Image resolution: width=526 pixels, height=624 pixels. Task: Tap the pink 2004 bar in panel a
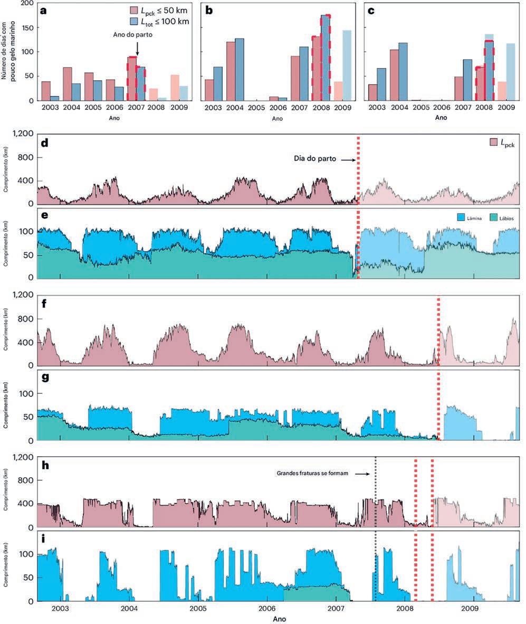(67, 84)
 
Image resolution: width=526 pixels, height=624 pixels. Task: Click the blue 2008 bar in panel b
(326, 58)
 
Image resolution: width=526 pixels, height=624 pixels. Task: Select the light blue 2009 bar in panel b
(347, 65)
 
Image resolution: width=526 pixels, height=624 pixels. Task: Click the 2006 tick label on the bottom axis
(267, 608)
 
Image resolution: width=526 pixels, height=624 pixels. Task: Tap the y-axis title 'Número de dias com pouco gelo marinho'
(8, 50)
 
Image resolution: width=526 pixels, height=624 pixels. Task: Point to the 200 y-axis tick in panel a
(25, 3)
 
